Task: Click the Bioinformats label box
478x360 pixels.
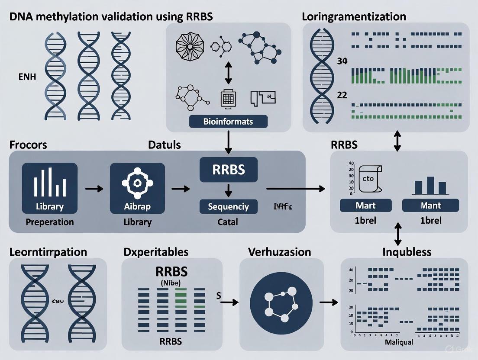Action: [x=228, y=122]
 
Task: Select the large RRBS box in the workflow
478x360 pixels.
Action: [x=228, y=170]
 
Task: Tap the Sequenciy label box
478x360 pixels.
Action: [x=228, y=206]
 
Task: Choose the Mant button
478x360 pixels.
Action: [x=430, y=206]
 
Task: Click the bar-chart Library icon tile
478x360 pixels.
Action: [x=49, y=188]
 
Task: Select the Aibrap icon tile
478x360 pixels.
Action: [x=137, y=188]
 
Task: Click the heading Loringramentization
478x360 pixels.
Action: [x=354, y=17]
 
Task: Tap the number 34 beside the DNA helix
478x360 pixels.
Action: [x=342, y=61]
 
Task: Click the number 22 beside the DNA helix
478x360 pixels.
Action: [x=342, y=95]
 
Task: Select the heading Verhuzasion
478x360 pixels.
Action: [x=279, y=252]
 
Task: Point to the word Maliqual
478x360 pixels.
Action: [x=398, y=342]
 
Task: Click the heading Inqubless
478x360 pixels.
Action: [x=407, y=252]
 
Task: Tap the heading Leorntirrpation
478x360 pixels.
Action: [x=48, y=252]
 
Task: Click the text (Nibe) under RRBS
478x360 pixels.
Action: [x=171, y=283]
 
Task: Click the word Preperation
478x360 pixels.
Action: [x=49, y=222]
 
